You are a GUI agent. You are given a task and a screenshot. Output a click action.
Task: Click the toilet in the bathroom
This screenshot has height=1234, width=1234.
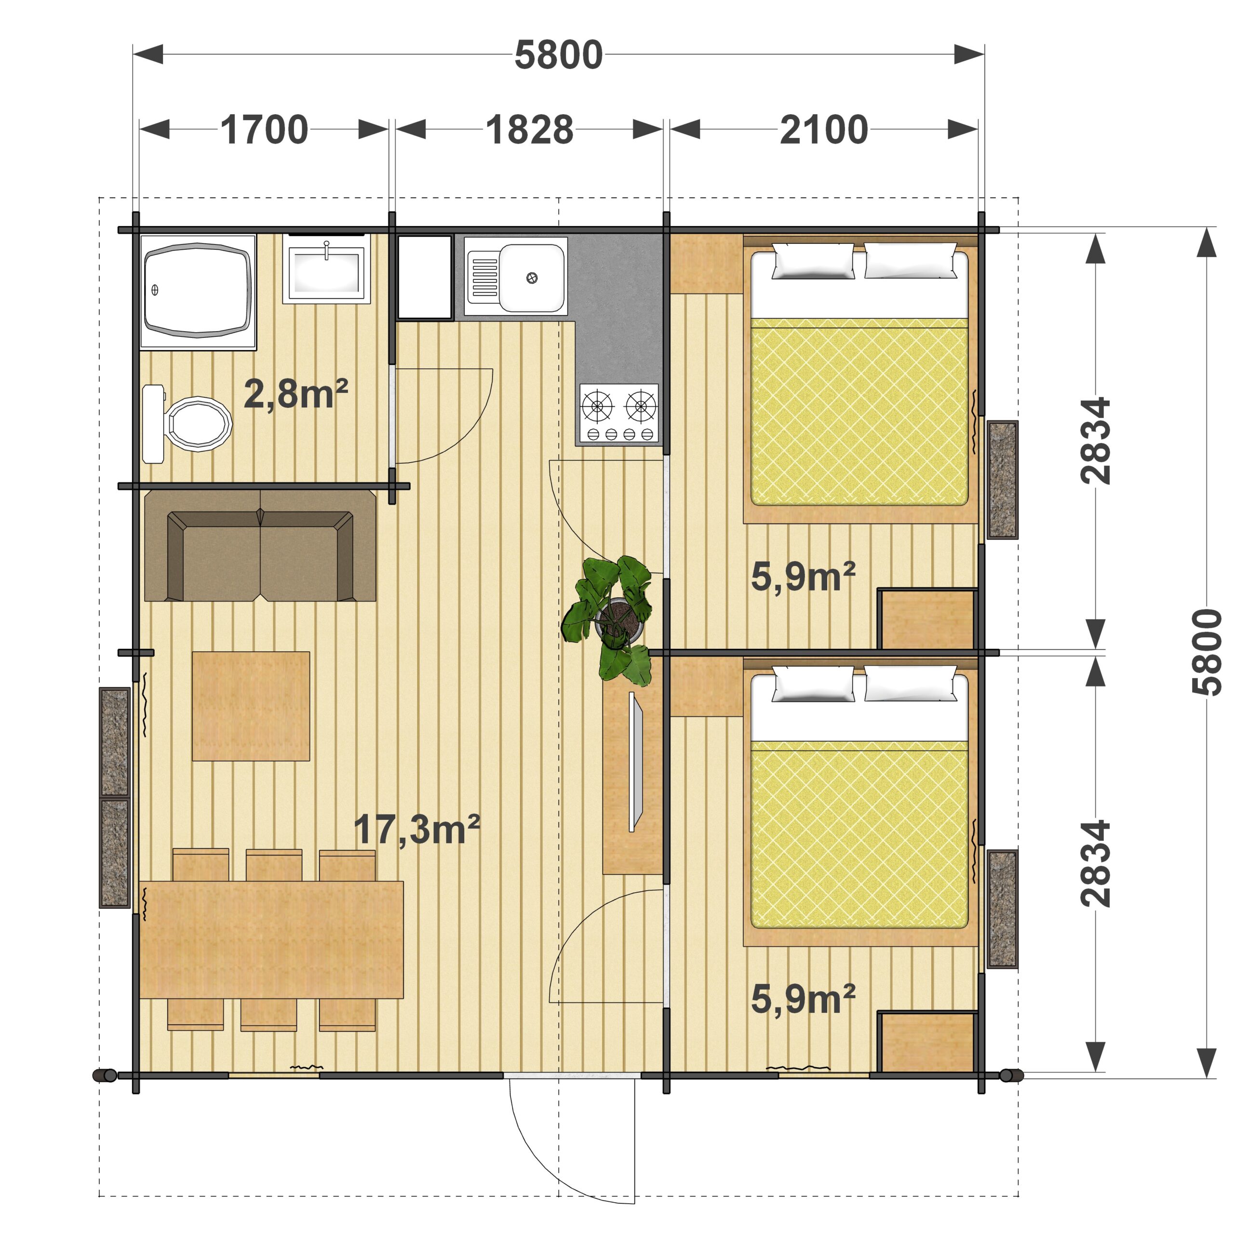[x=187, y=423]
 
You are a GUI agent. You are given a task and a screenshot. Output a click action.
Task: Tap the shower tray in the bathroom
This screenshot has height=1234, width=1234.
[x=198, y=292]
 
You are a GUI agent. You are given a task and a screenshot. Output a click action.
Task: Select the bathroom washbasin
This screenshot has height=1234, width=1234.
[x=326, y=268]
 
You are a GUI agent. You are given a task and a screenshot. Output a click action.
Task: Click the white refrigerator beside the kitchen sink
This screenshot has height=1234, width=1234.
[x=425, y=277]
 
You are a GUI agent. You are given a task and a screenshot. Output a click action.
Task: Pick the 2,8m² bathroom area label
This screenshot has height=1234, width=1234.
[x=295, y=394]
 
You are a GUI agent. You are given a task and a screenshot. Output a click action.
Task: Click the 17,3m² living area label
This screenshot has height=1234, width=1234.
[x=416, y=829]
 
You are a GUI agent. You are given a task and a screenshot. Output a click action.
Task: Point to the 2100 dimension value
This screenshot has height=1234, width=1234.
[x=824, y=130]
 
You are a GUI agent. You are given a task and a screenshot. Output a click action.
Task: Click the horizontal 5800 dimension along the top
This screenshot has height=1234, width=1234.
[x=559, y=54]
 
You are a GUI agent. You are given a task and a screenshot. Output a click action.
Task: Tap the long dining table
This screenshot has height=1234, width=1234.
[x=271, y=939]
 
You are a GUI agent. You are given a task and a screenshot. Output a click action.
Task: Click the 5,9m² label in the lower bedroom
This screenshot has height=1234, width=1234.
[x=803, y=1000]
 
